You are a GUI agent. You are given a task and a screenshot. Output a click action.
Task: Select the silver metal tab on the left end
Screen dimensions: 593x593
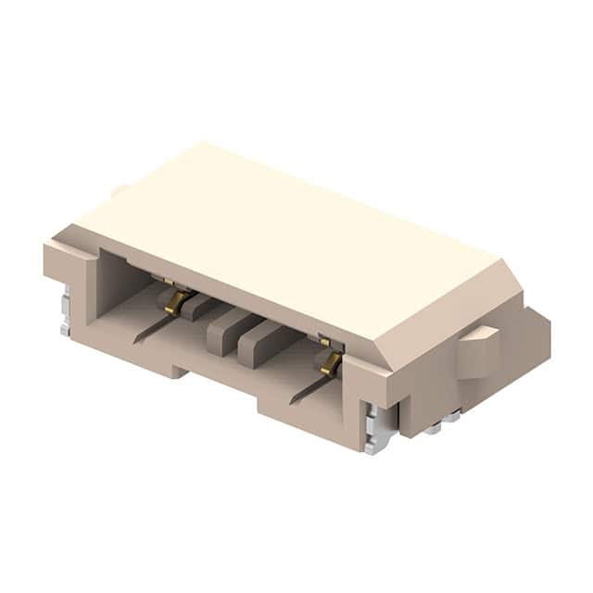click(x=65, y=310)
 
